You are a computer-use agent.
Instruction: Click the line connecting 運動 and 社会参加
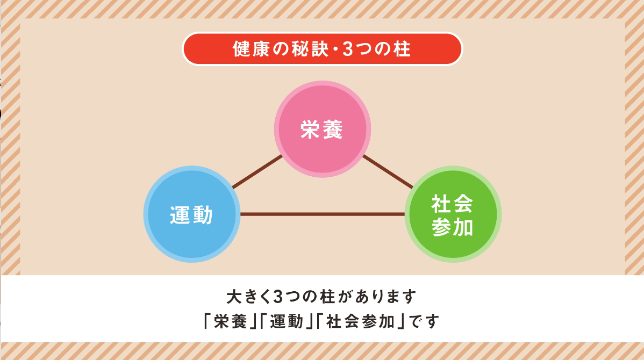point(323,214)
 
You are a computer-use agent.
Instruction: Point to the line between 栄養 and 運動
point(257,172)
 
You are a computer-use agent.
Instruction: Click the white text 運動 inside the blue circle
point(191,215)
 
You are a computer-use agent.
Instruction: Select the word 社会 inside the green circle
point(453,204)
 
